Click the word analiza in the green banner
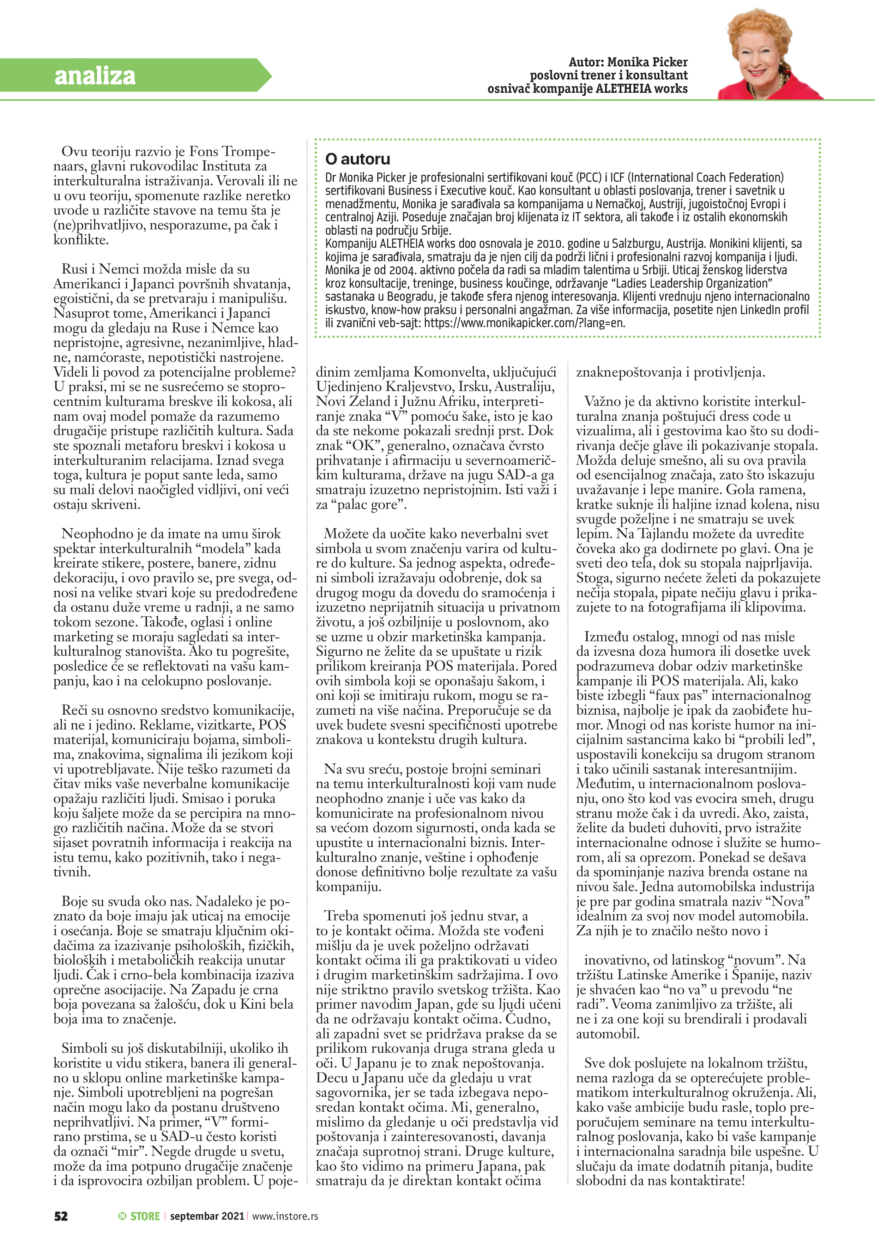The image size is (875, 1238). point(95,76)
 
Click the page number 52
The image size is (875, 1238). point(61,1216)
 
